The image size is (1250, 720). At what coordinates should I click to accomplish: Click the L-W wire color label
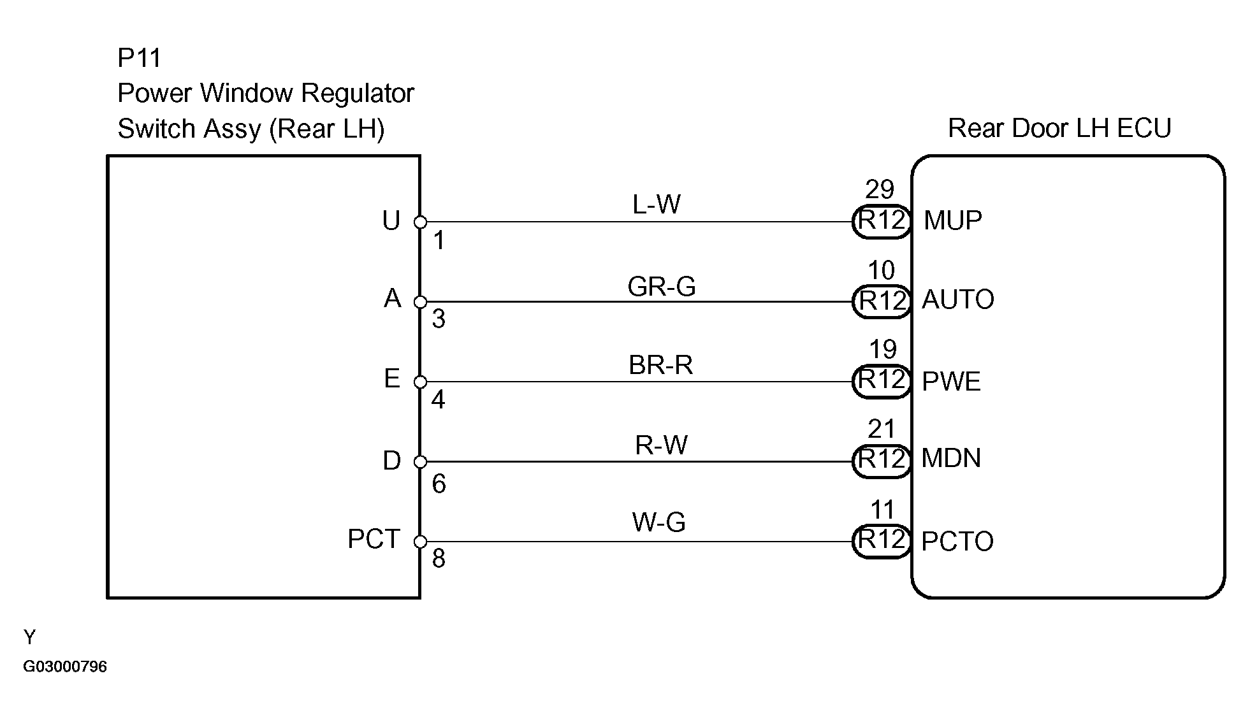[657, 205]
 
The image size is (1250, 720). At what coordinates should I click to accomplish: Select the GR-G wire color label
[661, 286]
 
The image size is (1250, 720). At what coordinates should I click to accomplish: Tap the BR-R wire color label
[660, 365]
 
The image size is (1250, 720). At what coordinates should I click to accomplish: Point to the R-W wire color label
[661, 445]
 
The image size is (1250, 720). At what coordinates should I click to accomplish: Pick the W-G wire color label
[658, 522]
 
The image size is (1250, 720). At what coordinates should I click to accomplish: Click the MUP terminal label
[953, 220]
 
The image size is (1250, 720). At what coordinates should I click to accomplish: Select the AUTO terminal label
[958, 299]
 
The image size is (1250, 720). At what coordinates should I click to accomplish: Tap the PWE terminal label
[951, 382]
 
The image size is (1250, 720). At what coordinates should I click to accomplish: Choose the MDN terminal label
[951, 458]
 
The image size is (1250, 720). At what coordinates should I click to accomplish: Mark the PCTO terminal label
[957, 542]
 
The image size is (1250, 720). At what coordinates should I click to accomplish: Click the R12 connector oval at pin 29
[882, 221]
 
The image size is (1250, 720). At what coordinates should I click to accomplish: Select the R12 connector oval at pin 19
[882, 381]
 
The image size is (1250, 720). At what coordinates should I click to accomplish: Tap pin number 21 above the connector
[882, 429]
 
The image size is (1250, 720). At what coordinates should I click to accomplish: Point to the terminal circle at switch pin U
[420, 222]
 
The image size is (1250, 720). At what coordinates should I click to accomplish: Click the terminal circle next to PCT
[420, 542]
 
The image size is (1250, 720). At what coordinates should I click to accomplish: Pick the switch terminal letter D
[391, 461]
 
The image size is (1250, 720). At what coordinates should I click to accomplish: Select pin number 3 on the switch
[438, 319]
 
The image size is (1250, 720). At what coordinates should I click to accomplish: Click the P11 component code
[139, 59]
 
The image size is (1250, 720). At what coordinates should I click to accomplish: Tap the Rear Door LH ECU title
[1059, 128]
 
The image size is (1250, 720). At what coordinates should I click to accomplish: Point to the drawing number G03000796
[65, 666]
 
